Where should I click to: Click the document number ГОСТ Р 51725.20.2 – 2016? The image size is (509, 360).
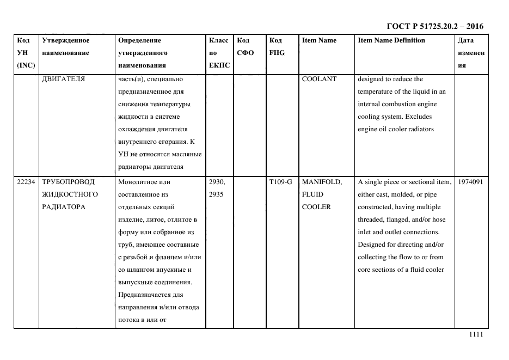[x=434, y=26]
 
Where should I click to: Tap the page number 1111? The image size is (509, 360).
[x=476, y=335]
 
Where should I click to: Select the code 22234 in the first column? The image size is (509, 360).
[x=26, y=182]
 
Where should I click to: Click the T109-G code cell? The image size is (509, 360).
[x=280, y=182]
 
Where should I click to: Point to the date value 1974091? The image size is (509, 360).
[x=470, y=182]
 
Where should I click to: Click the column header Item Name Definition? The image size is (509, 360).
[x=391, y=40]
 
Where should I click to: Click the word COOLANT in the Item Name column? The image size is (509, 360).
[x=319, y=79]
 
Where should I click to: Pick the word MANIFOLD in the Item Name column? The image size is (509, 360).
[x=322, y=182]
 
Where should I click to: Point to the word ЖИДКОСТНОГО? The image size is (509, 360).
[x=70, y=194]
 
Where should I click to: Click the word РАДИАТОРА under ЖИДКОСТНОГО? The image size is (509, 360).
[x=62, y=207]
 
